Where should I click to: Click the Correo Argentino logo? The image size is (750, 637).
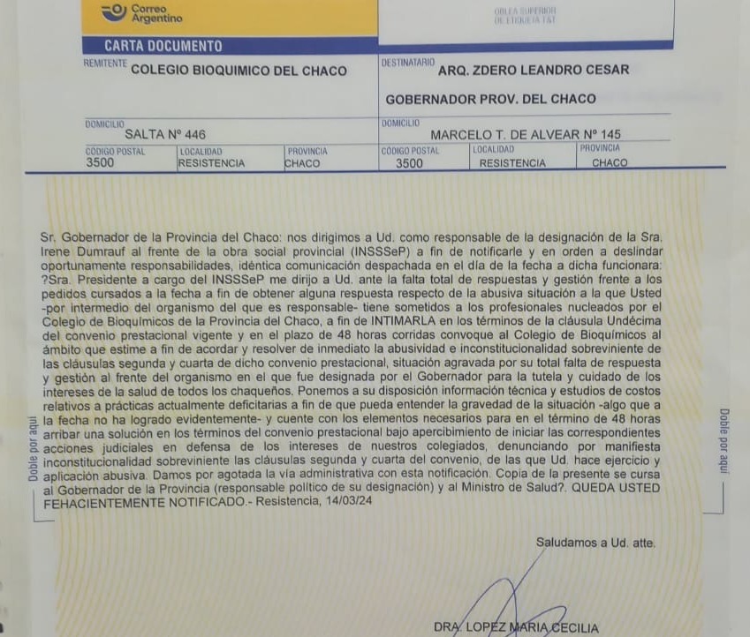point(141,12)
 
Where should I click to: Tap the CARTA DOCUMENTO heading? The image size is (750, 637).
point(163,46)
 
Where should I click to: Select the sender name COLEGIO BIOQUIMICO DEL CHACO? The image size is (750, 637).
point(239,71)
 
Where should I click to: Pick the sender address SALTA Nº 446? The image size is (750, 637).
point(165,135)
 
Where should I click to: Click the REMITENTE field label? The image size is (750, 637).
point(105,64)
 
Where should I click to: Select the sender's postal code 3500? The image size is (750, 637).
point(100,163)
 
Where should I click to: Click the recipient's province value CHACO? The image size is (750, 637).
point(610,163)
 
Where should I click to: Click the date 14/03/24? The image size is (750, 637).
point(351,501)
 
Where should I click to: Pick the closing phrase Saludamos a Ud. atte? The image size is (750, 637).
point(595,543)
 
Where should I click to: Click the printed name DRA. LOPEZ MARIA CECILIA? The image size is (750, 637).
point(516,627)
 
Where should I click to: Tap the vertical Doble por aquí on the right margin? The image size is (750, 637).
point(723,440)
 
